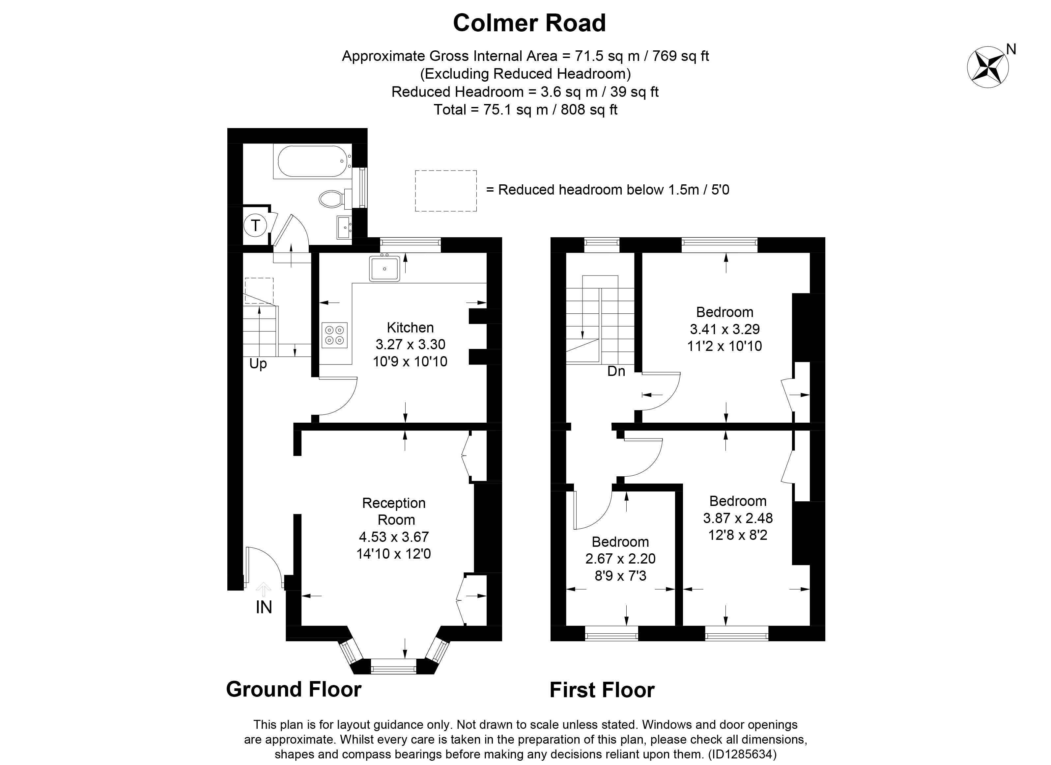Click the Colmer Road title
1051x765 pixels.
tap(529, 23)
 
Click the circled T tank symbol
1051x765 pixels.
tap(255, 225)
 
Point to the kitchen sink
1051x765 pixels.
tap(384, 269)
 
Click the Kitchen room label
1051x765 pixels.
tap(410, 328)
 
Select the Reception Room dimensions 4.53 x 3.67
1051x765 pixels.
tap(394, 537)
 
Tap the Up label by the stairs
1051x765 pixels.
tap(258, 364)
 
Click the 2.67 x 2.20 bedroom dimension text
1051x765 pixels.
tap(620, 559)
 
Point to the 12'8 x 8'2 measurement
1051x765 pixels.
tap(738, 535)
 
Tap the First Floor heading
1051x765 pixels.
tap(602, 690)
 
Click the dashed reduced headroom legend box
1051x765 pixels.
tap(445, 191)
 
